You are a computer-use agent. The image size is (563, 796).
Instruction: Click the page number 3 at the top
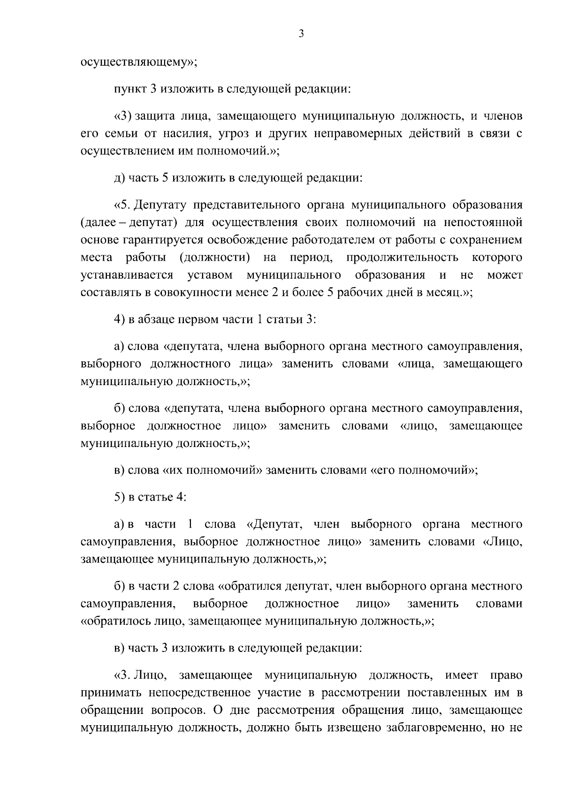[x=301, y=34]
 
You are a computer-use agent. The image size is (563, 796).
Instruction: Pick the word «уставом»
[x=210, y=275]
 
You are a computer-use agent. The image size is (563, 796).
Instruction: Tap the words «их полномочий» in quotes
[x=213, y=470]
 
